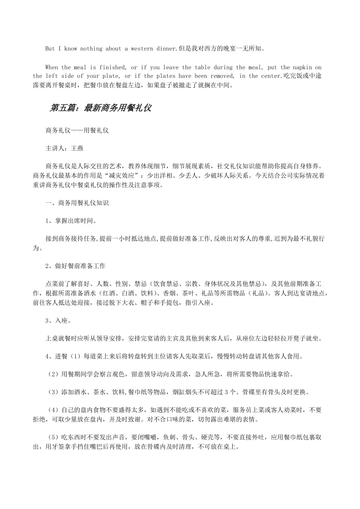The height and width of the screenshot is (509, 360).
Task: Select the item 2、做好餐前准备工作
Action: point(75,266)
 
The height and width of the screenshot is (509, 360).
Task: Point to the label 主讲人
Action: point(55,148)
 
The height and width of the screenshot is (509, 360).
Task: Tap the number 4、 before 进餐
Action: point(49,357)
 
